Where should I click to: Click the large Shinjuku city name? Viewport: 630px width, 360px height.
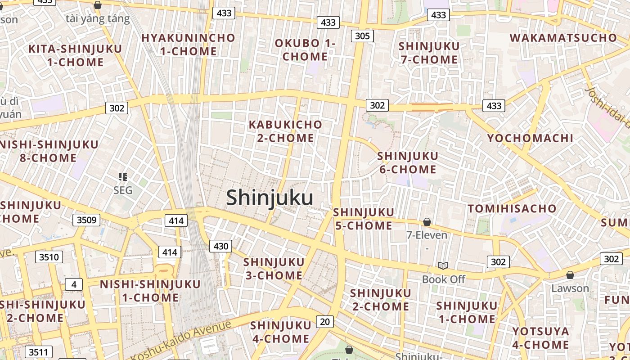pyautogui.click(x=270, y=198)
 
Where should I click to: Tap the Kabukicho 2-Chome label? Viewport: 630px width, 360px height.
pyautogui.click(x=285, y=131)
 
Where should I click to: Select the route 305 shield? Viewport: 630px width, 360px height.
pyautogui.click(x=362, y=36)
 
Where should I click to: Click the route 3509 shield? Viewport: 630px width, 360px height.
pyautogui.click(x=86, y=220)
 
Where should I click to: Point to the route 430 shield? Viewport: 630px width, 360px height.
pyautogui.click(x=220, y=246)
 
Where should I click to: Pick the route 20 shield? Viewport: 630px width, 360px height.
pyautogui.click(x=325, y=321)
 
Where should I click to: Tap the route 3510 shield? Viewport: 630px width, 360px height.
pyautogui.click(x=49, y=257)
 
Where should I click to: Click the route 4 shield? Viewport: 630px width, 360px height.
pyautogui.click(x=74, y=284)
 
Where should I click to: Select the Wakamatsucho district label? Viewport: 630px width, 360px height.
pyautogui.click(x=563, y=38)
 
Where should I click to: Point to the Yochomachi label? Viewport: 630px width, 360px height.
pyautogui.click(x=530, y=138)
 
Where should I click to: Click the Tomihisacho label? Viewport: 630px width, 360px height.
pyautogui.click(x=512, y=209)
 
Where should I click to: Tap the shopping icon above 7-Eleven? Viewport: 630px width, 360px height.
pyautogui.click(x=427, y=222)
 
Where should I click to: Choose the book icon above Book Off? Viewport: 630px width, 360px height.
pyautogui.click(x=443, y=266)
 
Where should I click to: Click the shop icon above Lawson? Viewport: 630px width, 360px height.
pyautogui.click(x=570, y=275)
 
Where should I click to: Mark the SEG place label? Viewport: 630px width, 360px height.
pyautogui.click(x=123, y=190)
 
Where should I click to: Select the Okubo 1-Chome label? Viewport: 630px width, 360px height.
pyautogui.click(x=305, y=50)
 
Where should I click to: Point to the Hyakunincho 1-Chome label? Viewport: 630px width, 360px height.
pyautogui.click(x=188, y=45)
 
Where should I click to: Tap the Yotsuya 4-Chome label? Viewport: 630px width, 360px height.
pyautogui.click(x=540, y=338)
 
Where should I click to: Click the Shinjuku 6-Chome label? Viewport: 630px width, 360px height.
pyautogui.click(x=408, y=163)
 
